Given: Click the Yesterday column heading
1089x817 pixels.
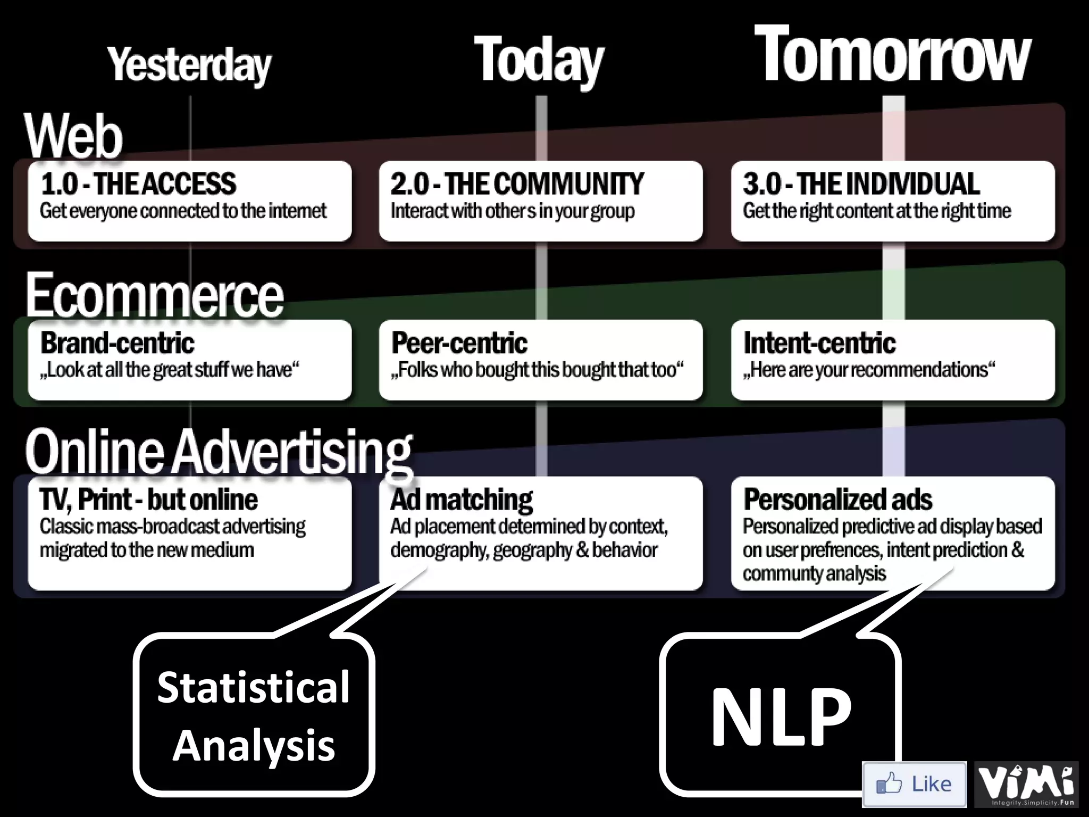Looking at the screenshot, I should tap(189, 65).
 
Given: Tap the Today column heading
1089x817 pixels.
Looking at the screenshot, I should tap(538, 60).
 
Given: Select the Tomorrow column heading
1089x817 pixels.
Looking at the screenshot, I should tap(892, 55).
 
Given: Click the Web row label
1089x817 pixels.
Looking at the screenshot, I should tap(73, 136).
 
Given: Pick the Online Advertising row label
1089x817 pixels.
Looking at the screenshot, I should tap(218, 452).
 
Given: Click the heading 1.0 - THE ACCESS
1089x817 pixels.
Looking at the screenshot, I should tap(138, 184).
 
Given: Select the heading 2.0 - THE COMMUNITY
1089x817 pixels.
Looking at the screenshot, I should tap(517, 184).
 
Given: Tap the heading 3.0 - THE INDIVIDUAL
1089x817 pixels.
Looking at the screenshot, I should tap(861, 184).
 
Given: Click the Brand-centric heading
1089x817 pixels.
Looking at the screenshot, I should tap(118, 343).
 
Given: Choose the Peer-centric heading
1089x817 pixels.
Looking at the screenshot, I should tap(459, 343).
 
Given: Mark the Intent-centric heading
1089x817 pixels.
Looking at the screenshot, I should tap(819, 343).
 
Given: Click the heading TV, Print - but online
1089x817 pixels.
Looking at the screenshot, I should tap(148, 500).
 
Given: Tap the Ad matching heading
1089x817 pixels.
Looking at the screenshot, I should tap(462, 500).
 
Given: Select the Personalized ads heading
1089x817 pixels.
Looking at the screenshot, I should tap(837, 500).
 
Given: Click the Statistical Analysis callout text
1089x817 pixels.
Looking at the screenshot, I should tap(254, 716).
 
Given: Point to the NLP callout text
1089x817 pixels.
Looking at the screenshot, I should tap(781, 716).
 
